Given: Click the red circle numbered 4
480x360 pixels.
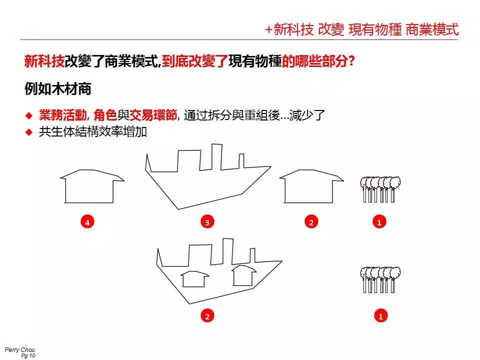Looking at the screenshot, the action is click(x=87, y=222).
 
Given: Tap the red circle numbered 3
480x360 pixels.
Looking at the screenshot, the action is click(x=207, y=222).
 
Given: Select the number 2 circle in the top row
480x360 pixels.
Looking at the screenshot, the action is click(x=311, y=222).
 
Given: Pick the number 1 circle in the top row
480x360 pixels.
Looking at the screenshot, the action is click(x=379, y=222).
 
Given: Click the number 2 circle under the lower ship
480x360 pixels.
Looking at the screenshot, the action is click(x=207, y=315).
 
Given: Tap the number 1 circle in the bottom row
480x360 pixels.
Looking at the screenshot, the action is click(x=381, y=315).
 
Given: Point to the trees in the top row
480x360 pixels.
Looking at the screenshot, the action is click(x=380, y=189).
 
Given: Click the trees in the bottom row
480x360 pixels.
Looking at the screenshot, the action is click(x=380, y=280).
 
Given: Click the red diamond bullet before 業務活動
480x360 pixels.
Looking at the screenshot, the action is click(x=29, y=115).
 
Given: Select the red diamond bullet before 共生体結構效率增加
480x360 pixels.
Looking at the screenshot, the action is click(x=29, y=132).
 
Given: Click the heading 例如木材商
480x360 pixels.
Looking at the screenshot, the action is click(x=58, y=89).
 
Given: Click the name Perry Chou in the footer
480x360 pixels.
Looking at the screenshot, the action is click(x=20, y=349).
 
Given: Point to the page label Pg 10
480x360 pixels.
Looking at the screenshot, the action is click(x=28, y=355).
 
